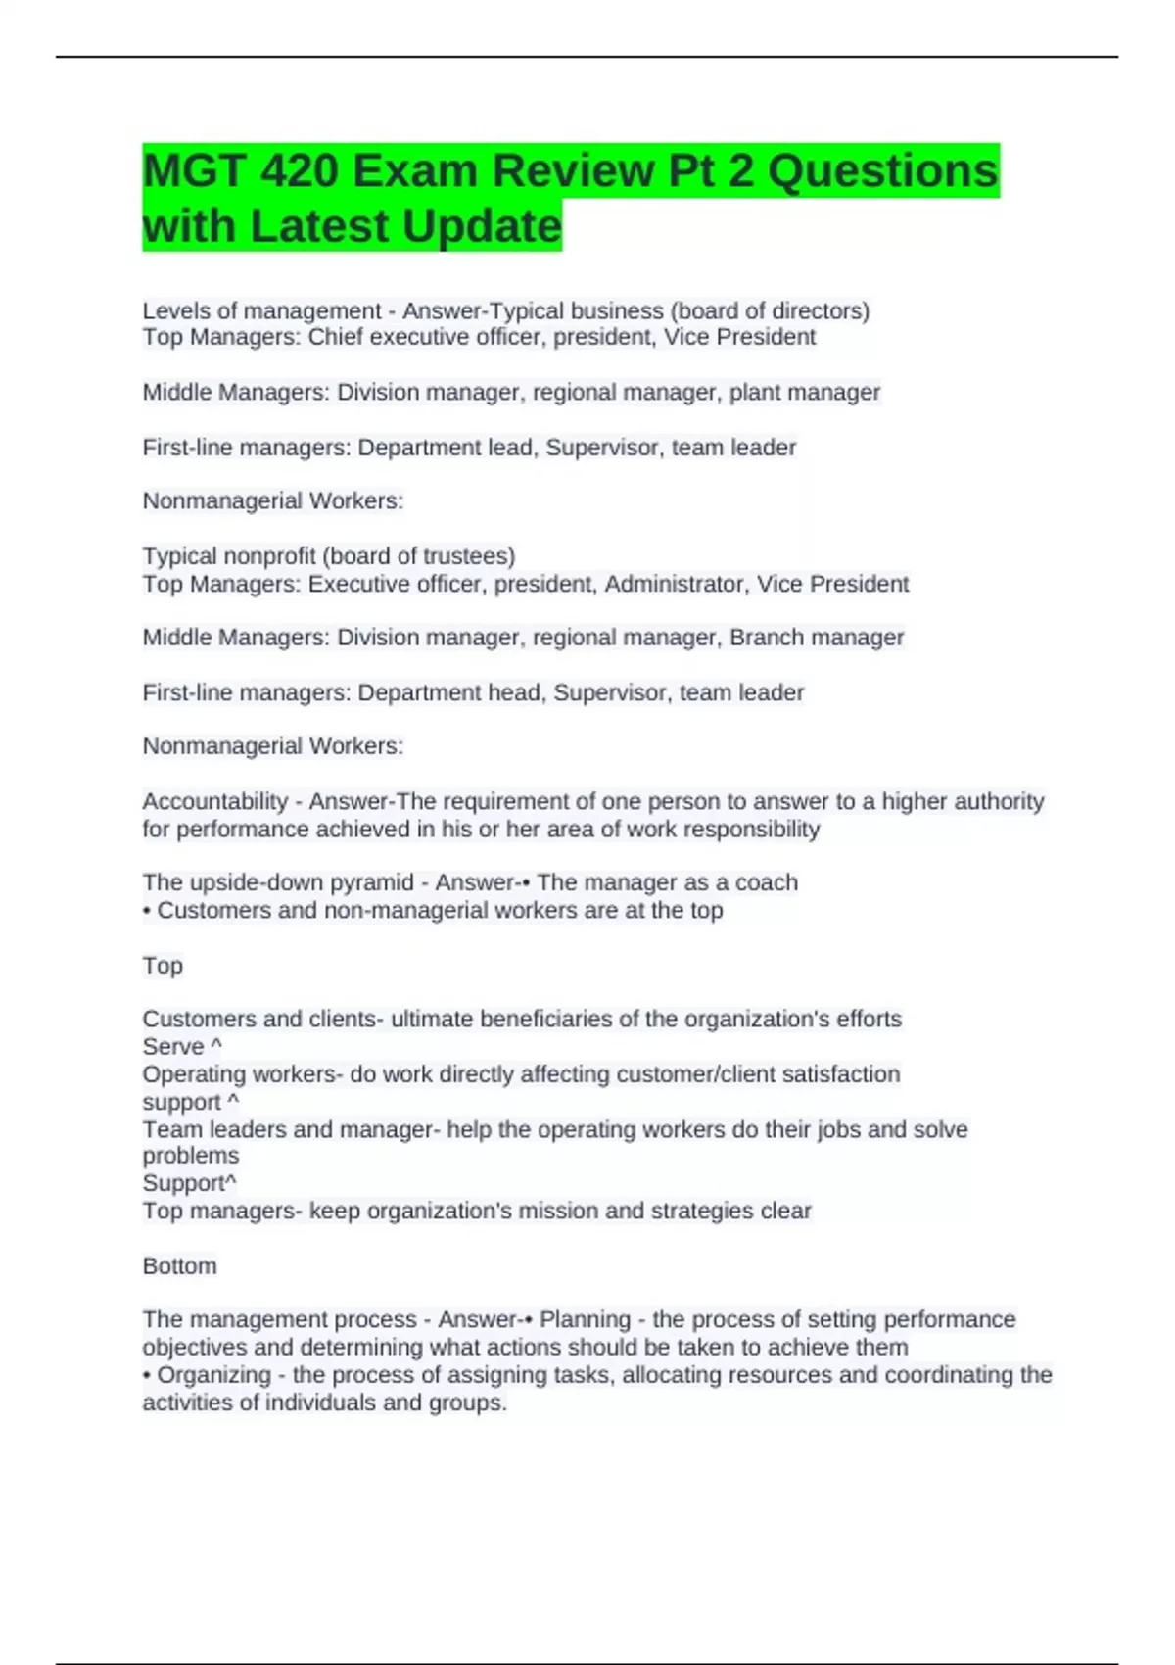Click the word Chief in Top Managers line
(x=337, y=337)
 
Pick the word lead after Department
(x=510, y=448)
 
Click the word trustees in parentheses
(x=466, y=556)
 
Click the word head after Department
(x=514, y=692)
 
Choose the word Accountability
(x=215, y=802)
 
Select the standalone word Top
(x=163, y=966)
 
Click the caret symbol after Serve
(x=216, y=1046)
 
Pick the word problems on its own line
(x=191, y=1156)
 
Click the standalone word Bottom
(x=180, y=1266)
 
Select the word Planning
(x=585, y=1320)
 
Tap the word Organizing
(x=213, y=1375)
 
